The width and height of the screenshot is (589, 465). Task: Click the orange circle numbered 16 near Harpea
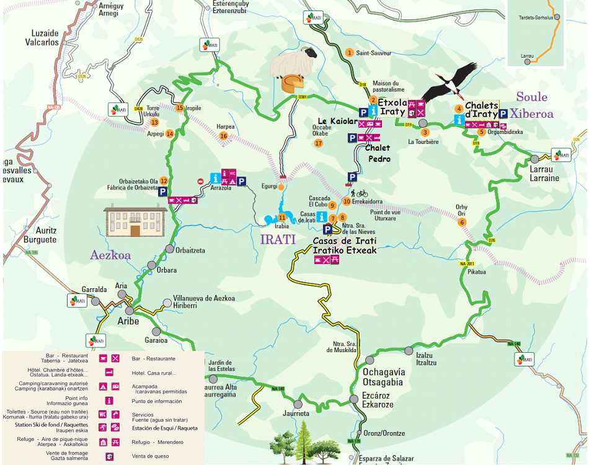point(223,136)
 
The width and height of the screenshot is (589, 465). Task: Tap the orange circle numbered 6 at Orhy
point(461,223)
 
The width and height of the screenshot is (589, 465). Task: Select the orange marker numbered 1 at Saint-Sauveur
point(349,53)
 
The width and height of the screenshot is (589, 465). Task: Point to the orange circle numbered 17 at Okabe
point(319,143)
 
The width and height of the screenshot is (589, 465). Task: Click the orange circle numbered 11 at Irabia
point(282,217)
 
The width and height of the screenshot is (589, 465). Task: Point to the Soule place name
point(532,97)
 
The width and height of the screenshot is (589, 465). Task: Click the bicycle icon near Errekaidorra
point(362,193)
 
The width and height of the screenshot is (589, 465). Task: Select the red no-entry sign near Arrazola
point(200,181)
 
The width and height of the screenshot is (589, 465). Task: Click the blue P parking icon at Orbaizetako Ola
point(163,192)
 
